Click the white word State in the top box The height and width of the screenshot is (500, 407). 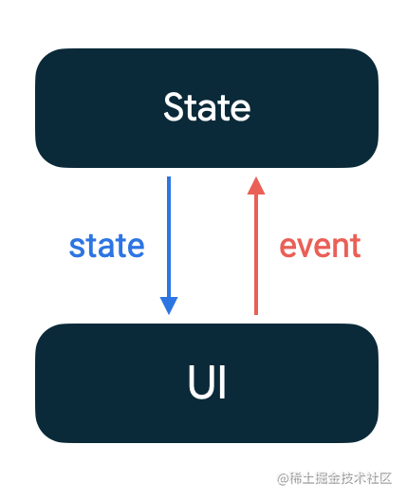[x=207, y=107]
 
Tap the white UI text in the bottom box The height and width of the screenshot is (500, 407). [x=207, y=381]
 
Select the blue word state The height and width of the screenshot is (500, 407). [x=107, y=246]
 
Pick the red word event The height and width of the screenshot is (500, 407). [x=320, y=246]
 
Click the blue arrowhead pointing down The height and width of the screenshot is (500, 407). [x=169, y=306]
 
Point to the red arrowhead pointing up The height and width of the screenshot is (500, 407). [x=256, y=186]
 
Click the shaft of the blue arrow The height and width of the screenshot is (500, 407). [x=169, y=236]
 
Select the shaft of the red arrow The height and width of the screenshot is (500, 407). [x=256, y=254]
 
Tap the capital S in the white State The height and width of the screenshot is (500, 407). [x=175, y=107]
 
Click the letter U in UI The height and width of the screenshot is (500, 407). [x=202, y=381]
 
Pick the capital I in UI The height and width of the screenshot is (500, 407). [x=223, y=381]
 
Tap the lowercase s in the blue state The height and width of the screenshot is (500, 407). [x=77, y=248]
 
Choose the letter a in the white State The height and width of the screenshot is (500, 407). [x=213, y=110]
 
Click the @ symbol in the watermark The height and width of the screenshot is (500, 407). [x=283, y=478]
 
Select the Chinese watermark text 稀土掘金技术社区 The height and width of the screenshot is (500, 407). [x=341, y=478]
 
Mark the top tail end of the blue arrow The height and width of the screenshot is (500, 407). [x=169, y=176]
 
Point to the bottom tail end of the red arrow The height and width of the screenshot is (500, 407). [x=256, y=315]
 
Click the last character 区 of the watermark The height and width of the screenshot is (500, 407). [x=385, y=478]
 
